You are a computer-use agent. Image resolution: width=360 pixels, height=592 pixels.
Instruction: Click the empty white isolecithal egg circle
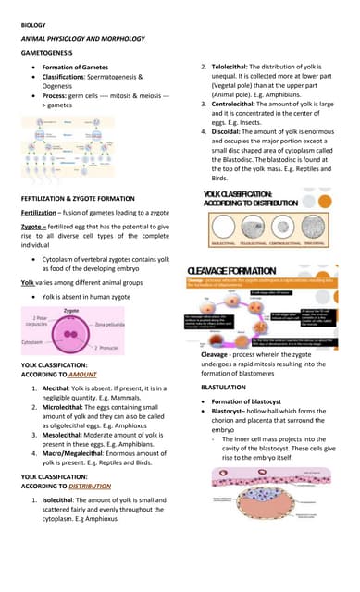point(227,228)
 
